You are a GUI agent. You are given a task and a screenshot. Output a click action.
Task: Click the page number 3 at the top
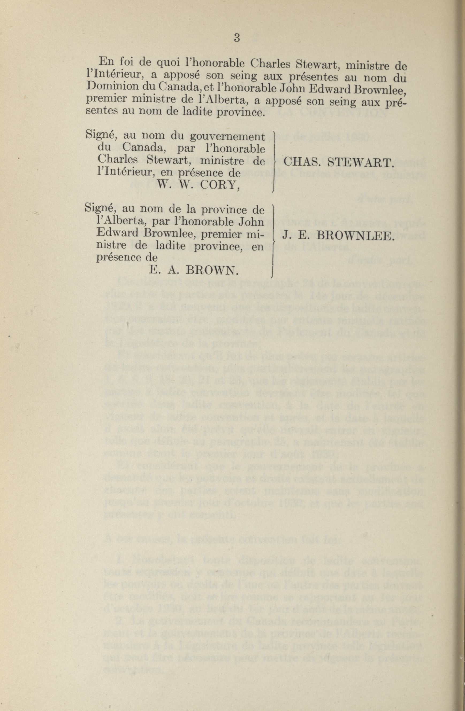pyautogui.click(x=237, y=38)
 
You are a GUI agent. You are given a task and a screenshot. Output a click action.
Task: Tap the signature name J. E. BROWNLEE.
pyautogui.click(x=337, y=237)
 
